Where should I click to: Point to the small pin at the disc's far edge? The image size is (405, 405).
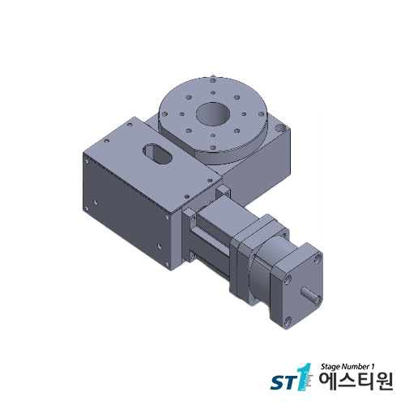pyautogui.click(x=211, y=78)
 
